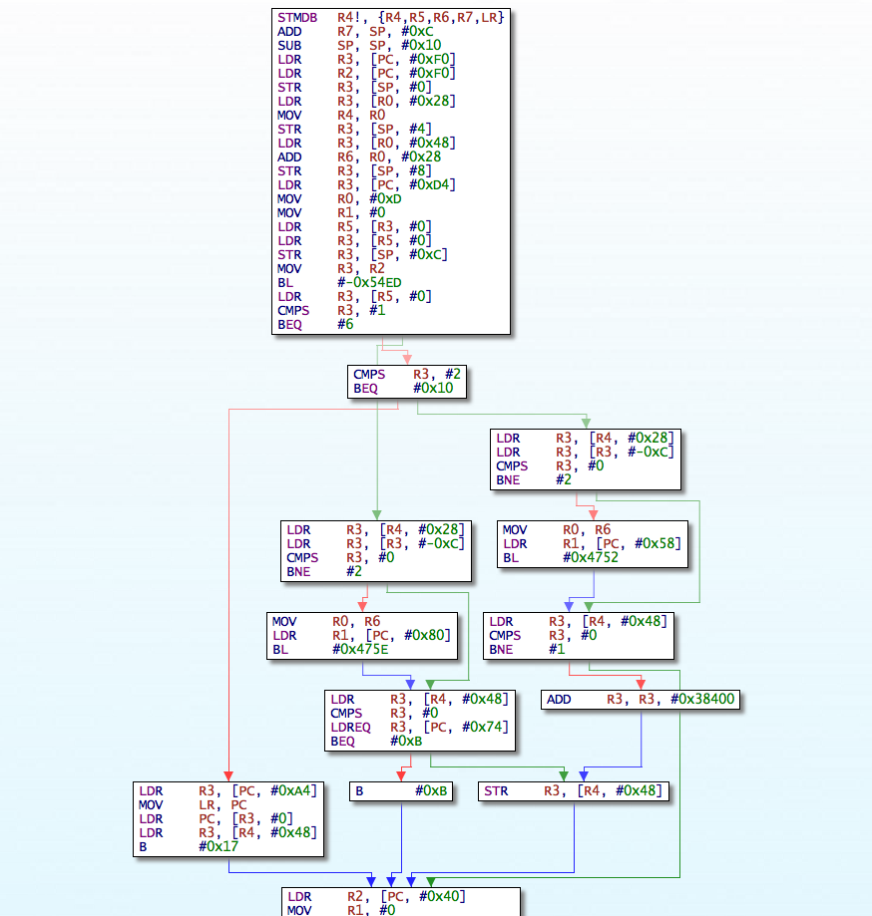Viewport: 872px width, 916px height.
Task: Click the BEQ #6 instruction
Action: pyautogui.click(x=315, y=325)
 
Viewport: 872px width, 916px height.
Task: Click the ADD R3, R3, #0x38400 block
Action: pyautogui.click(x=642, y=700)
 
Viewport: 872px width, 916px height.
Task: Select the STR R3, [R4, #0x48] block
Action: pyautogui.click(x=574, y=791)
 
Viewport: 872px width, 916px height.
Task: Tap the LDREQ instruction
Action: pyautogui.click(x=419, y=728)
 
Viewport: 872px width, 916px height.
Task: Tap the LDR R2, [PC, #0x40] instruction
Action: pyautogui.click(x=375, y=896)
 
